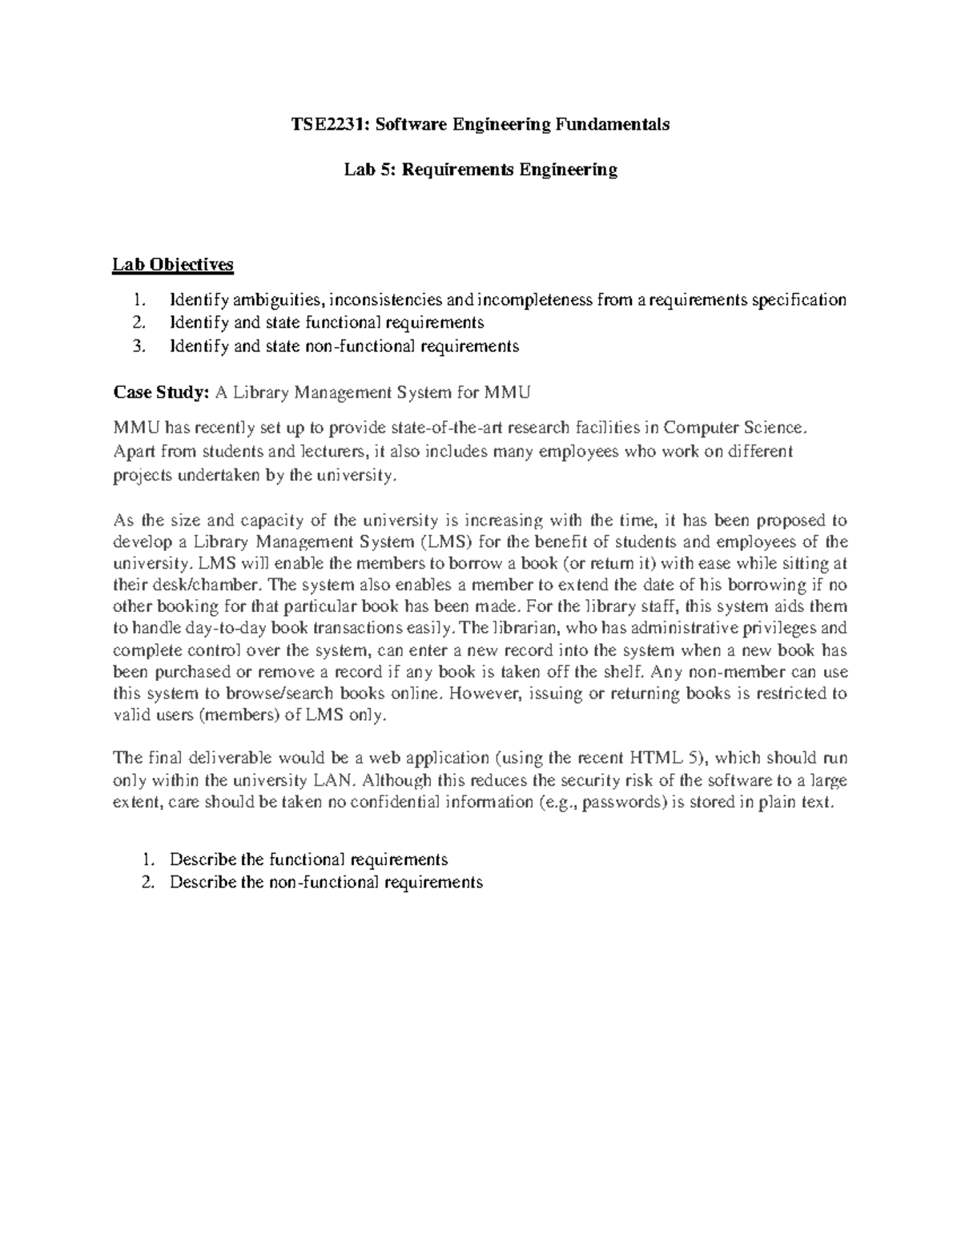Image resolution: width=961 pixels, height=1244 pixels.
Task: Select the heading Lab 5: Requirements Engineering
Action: pyautogui.click(x=480, y=170)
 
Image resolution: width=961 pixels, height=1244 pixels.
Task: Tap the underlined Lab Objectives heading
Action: pyautogui.click(x=172, y=264)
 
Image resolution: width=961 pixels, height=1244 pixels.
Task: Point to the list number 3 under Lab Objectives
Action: pyautogui.click(x=141, y=346)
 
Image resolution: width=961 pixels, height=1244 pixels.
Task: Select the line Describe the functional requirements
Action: pyautogui.click(x=308, y=860)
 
